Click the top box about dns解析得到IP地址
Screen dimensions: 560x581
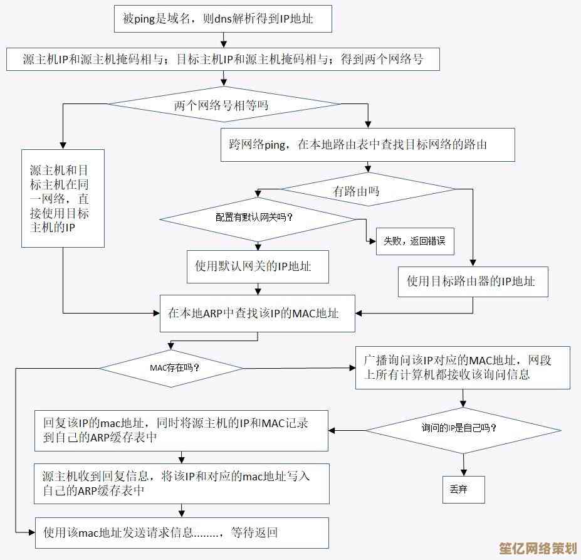click(222, 19)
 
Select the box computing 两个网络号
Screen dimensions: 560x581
click(222, 60)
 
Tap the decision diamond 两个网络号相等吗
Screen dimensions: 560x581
click(222, 105)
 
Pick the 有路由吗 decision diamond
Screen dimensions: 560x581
click(368, 190)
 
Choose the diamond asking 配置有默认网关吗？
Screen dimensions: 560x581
click(257, 218)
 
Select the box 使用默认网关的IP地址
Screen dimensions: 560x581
click(258, 267)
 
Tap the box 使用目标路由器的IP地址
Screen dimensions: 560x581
click(473, 281)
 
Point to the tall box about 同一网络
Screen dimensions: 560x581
click(63, 198)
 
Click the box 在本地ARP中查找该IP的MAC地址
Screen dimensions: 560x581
click(257, 313)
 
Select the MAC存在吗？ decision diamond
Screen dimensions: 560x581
click(173, 367)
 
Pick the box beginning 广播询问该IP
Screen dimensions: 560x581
click(463, 367)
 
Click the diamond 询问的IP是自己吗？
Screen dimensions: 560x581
click(463, 430)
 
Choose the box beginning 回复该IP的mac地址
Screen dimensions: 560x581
click(181, 431)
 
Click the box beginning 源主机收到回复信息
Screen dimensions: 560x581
click(181, 483)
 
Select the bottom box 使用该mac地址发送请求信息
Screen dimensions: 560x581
click(181, 533)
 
